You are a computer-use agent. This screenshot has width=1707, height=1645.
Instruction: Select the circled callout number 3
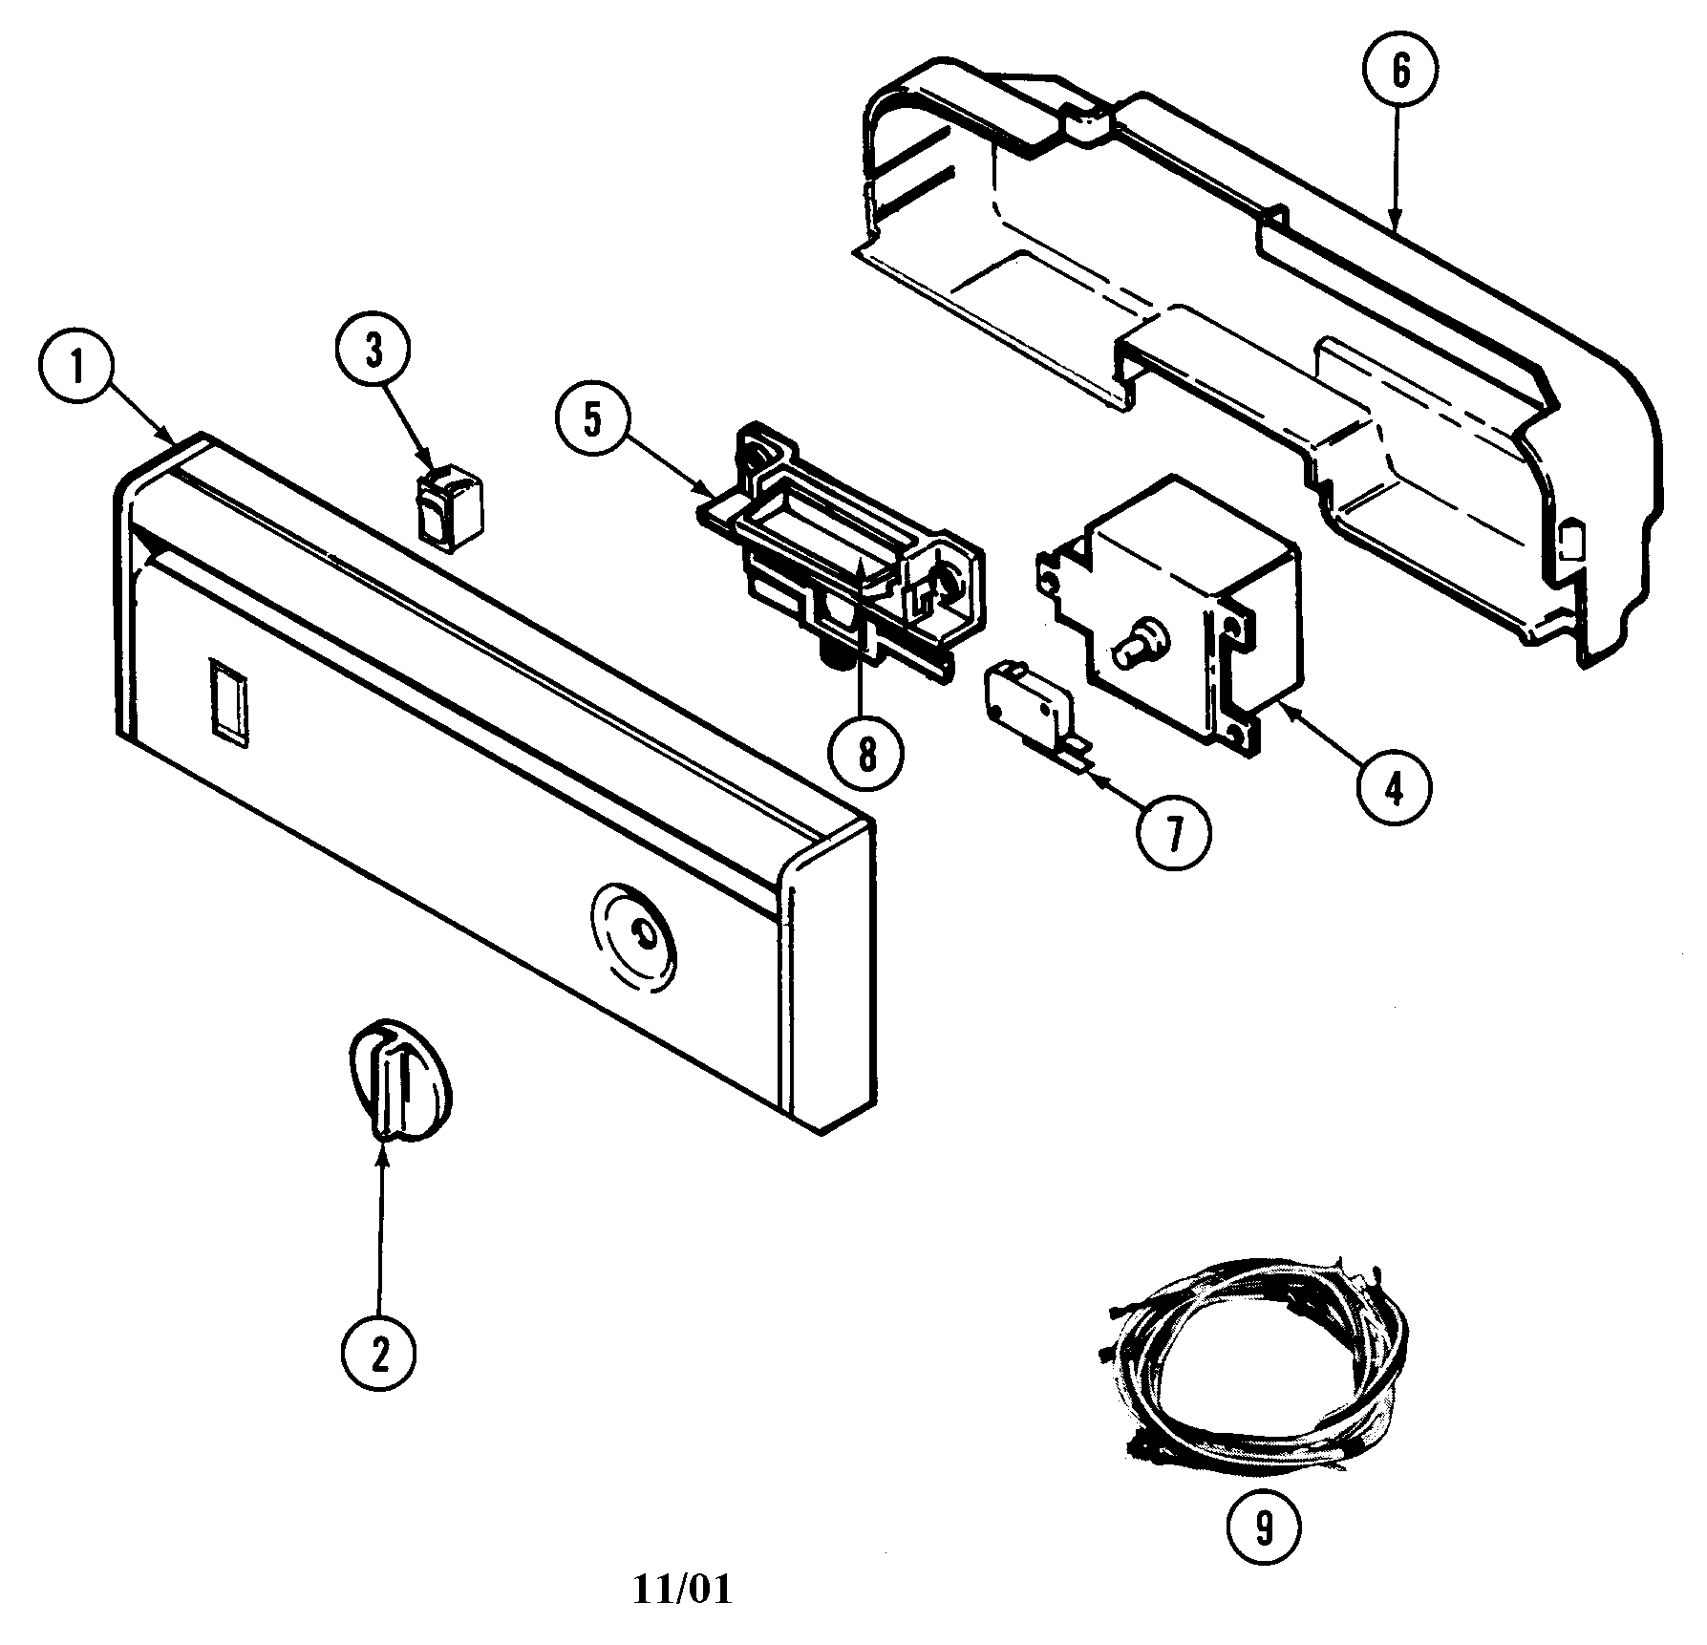(373, 352)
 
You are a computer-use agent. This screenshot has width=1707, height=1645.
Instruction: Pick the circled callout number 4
(1396, 790)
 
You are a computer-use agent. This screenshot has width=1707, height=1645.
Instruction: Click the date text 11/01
(683, 1590)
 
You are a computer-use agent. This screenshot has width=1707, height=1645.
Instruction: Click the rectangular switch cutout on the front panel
(228, 698)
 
